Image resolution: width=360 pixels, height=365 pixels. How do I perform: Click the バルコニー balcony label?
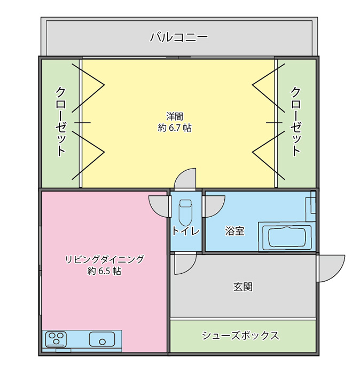point(178,37)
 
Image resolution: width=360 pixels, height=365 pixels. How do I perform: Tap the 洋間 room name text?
point(175,116)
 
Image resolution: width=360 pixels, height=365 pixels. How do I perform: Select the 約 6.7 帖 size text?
point(175,128)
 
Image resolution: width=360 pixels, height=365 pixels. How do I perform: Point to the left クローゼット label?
point(60,121)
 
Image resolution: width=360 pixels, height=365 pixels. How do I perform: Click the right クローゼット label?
point(295,121)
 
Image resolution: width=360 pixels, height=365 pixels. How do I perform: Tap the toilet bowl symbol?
point(185,212)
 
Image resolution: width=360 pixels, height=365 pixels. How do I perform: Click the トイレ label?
point(186,231)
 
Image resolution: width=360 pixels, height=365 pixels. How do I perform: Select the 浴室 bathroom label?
point(234,231)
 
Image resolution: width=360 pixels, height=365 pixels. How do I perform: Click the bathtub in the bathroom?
point(287,237)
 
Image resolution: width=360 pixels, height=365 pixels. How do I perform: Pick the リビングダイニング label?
point(104,259)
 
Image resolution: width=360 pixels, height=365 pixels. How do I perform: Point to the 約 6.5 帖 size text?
point(104,271)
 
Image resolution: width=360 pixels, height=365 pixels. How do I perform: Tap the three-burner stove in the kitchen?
point(56,339)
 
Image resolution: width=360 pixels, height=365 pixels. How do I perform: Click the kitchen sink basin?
point(102,339)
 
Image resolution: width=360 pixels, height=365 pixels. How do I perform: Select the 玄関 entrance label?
point(243,287)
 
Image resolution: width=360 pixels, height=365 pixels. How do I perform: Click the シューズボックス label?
point(240,336)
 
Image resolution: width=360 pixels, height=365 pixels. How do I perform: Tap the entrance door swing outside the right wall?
point(332,268)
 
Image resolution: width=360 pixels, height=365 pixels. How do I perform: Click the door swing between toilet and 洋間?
point(185,179)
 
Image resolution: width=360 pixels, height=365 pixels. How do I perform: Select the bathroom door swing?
point(214,207)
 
